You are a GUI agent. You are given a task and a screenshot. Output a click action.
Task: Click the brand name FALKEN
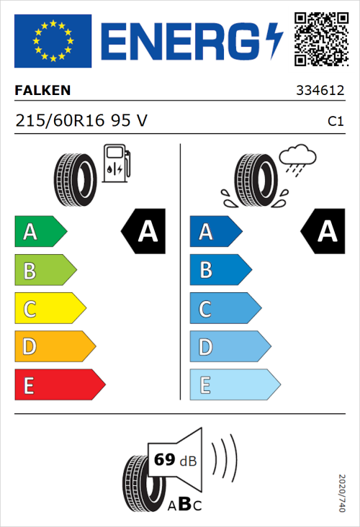(x=42, y=91)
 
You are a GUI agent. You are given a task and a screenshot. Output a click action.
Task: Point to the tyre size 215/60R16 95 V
(x=81, y=121)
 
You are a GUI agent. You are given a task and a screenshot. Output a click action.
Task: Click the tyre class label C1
(x=335, y=122)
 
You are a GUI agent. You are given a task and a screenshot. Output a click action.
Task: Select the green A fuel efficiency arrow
(x=40, y=232)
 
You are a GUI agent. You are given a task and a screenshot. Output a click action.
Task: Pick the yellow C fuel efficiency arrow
(x=50, y=309)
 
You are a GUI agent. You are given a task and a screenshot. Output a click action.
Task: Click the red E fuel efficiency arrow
(x=59, y=385)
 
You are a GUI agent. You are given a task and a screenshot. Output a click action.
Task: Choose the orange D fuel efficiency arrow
(x=55, y=347)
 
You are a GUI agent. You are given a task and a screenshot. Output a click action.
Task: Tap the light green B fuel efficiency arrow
(x=45, y=271)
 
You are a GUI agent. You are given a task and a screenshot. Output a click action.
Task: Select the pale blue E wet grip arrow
(x=234, y=385)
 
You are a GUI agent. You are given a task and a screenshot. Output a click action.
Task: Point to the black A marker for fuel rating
(x=144, y=232)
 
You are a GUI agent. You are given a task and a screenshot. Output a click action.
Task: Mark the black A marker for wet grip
(x=323, y=232)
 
